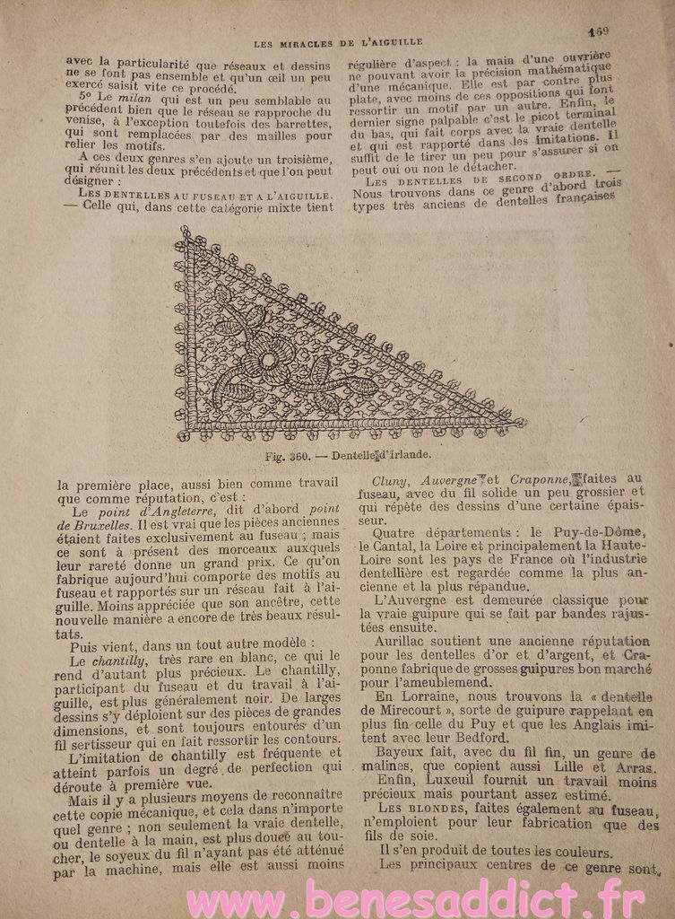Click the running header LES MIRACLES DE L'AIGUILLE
338,42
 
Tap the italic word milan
122,96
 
